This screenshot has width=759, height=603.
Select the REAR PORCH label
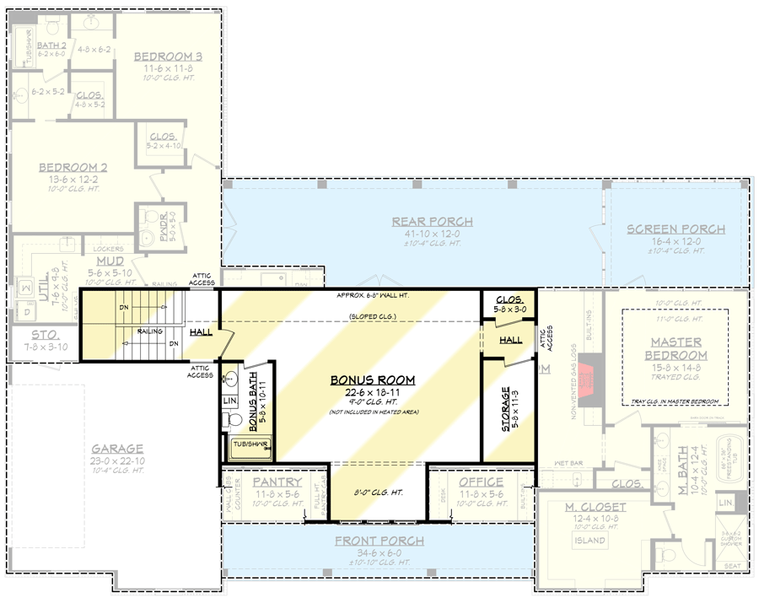[432, 222]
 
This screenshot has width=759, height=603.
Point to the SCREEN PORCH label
[676, 229]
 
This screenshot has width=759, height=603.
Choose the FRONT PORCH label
[379, 541]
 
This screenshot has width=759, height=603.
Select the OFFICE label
[481, 482]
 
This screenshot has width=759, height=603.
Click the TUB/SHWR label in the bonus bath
[248, 443]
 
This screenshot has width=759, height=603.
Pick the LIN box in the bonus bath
[230, 401]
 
